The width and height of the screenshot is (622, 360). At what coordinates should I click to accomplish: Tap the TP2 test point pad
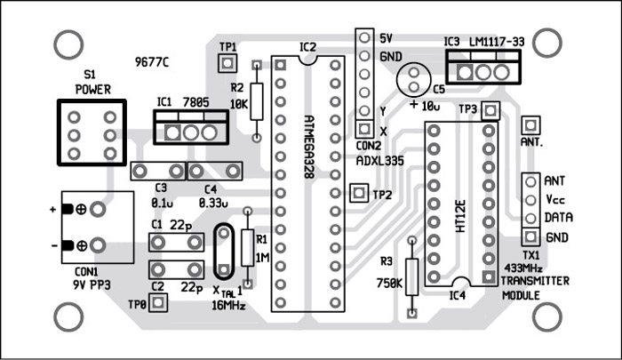pos(359,192)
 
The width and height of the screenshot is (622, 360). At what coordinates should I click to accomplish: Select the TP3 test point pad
pos(493,109)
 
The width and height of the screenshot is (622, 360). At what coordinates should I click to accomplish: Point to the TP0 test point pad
pos(159,302)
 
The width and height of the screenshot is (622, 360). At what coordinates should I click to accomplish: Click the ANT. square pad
pos(531,124)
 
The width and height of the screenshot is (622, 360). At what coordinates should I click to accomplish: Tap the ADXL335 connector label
pos(379,162)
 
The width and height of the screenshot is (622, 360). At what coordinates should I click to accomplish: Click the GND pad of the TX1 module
pos(530,237)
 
